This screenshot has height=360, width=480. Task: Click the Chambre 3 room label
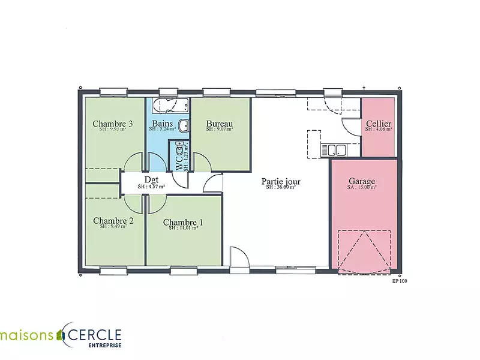pos(112,124)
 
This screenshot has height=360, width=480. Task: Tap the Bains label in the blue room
pos(162,124)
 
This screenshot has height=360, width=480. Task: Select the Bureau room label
pos(219,124)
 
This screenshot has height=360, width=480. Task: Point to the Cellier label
pos(379,124)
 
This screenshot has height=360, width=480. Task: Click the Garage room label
pos(362,181)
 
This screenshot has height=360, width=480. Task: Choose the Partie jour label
pos(281,181)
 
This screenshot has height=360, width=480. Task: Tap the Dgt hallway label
pos(151,179)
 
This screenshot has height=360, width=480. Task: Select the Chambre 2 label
pos(113,221)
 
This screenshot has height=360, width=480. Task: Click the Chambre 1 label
pos(183,223)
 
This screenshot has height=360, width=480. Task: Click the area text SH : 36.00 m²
pos(281,187)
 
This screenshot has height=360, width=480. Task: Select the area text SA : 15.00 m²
pos(362,187)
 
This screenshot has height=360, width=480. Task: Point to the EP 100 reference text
pos(399,280)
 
